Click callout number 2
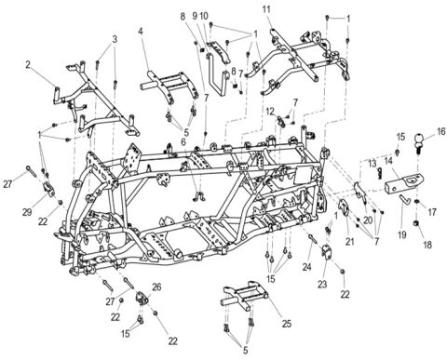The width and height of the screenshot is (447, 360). (x=29, y=64)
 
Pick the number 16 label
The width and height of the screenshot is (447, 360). (x=429, y=133)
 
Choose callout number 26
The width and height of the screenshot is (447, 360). (x=156, y=287)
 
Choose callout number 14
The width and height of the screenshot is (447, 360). (x=384, y=159)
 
